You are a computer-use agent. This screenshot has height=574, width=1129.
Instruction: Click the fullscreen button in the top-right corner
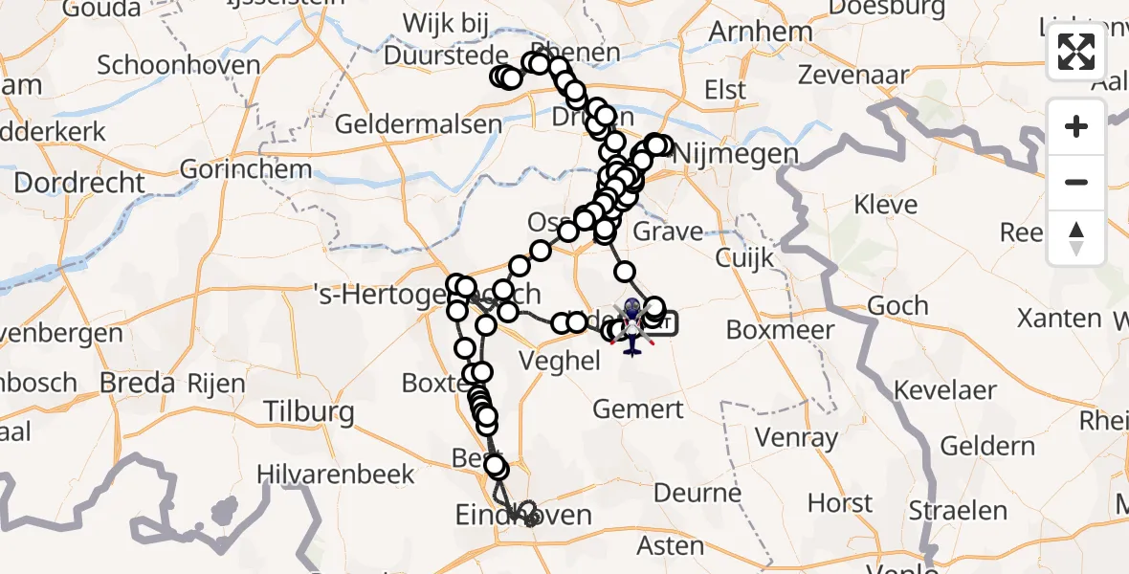(1076, 53)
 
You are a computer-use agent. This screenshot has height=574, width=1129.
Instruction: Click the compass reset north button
(1076, 238)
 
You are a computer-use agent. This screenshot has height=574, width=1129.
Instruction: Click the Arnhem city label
(761, 32)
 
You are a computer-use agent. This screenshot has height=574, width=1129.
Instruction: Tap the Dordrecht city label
(79, 182)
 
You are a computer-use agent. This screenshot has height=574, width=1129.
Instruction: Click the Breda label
(139, 383)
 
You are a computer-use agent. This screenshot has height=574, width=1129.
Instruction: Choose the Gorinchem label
(246, 170)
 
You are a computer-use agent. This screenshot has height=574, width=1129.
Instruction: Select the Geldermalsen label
(418, 123)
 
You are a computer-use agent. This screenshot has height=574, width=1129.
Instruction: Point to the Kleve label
(885, 205)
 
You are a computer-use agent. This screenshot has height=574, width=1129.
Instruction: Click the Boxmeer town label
(780, 330)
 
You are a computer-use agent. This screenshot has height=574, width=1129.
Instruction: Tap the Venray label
(796, 439)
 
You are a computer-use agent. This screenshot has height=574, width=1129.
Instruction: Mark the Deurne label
(697, 494)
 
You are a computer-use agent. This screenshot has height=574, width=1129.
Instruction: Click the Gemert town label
(638, 409)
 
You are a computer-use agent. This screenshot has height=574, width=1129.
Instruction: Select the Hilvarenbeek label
(336, 474)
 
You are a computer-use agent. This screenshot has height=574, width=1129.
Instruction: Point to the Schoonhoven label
(179, 65)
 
